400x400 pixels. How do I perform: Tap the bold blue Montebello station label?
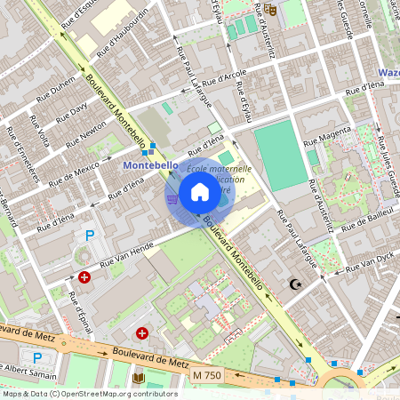[150, 165]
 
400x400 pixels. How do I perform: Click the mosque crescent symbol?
[294, 284]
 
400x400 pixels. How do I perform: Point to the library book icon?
[138, 379]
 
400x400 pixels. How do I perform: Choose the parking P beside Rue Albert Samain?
[36, 357]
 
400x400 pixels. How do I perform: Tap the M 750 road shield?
[208, 378]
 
